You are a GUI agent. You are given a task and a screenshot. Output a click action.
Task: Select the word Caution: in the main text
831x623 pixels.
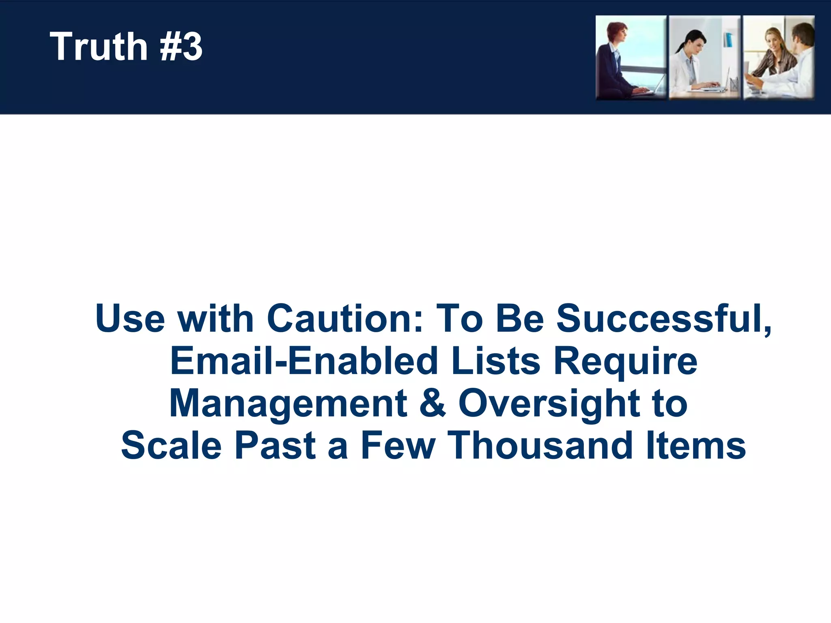coord(344,319)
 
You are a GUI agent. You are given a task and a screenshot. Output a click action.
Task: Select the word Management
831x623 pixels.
coord(288,405)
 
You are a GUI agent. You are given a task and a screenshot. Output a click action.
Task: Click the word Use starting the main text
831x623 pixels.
coord(130,319)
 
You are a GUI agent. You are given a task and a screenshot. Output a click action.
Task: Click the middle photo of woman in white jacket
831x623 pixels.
coord(704,58)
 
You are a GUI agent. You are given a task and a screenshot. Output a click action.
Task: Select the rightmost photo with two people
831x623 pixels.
coord(778,58)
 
